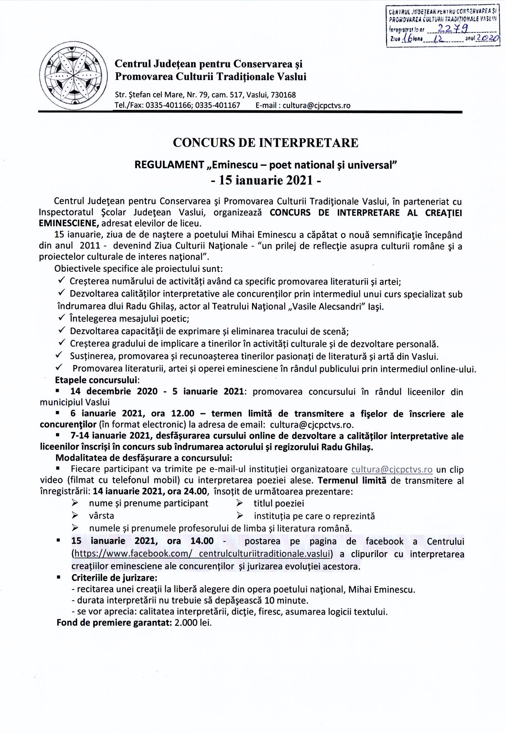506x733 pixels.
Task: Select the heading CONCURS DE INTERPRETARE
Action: coord(265,143)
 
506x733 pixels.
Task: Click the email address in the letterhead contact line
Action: coord(316,106)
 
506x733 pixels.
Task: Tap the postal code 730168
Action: coord(283,95)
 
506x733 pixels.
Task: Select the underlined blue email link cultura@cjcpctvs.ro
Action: coord(392,469)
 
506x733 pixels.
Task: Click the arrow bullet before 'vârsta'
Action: coord(75,516)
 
